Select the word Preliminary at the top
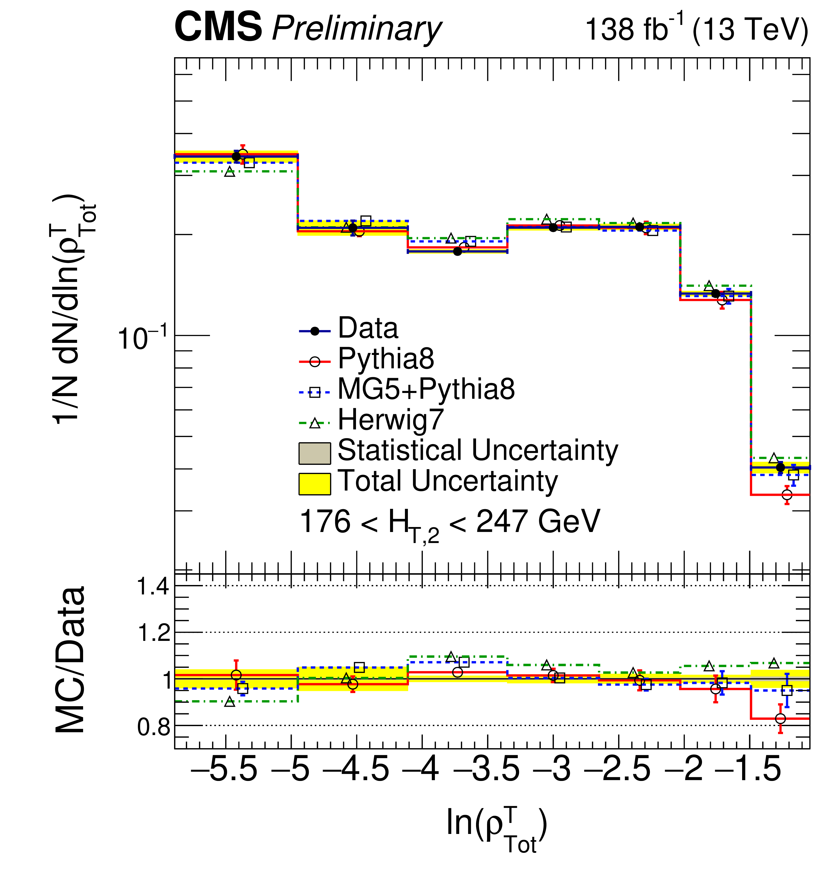357,29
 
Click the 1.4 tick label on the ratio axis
153,587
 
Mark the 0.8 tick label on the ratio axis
153,727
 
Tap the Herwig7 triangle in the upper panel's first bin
229,172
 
